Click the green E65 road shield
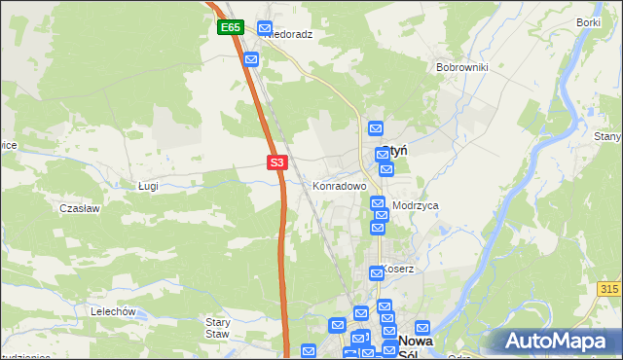[x=230, y=28]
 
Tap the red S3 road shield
[x=277, y=162]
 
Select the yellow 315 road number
[x=609, y=289]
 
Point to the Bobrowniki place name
[x=461, y=68]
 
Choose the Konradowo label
[x=339, y=185]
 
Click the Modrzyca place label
[x=416, y=206]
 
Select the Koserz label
[x=399, y=269]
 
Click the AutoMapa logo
[x=554, y=342]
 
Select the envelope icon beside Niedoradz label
[x=265, y=29]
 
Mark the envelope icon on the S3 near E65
[x=251, y=59]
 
